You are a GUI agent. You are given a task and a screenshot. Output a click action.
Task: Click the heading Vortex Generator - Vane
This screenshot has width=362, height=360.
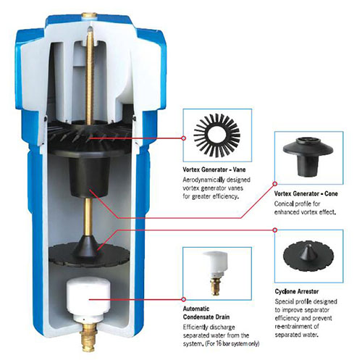point(214,169)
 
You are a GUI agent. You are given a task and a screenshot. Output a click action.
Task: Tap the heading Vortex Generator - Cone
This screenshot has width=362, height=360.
point(306,193)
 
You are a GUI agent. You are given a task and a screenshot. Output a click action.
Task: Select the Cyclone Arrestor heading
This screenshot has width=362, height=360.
point(297,291)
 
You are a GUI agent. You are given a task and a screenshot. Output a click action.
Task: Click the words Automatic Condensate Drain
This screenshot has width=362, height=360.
point(206,313)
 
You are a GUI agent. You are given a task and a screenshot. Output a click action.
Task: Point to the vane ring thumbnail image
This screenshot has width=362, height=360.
point(216,135)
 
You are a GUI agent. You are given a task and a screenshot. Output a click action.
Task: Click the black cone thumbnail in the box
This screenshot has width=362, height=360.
point(308,156)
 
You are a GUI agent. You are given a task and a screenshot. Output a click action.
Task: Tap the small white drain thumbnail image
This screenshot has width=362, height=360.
point(215,272)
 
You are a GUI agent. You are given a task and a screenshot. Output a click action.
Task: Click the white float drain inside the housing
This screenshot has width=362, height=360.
point(88,300)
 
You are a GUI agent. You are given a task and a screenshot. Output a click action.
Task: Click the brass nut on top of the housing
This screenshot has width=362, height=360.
point(89,16)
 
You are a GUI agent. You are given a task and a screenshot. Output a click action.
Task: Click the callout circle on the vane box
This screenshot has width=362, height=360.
point(184,138)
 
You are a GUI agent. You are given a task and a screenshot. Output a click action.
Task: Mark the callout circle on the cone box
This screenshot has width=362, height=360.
point(274,184)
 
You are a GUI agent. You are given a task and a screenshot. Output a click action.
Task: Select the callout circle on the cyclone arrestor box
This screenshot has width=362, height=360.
point(274,230)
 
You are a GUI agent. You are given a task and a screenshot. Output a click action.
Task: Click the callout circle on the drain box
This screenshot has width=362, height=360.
point(184,299)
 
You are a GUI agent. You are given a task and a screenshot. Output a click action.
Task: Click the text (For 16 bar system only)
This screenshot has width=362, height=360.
point(232,343)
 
